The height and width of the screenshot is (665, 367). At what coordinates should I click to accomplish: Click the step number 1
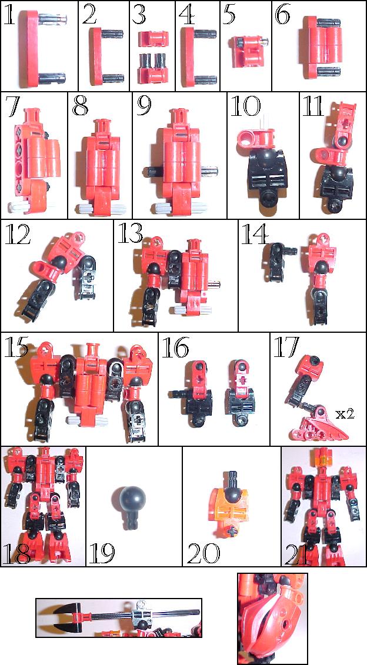point(10,16)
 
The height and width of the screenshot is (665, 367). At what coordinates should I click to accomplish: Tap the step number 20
point(203,552)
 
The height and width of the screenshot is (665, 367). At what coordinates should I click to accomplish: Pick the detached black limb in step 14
point(274,259)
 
